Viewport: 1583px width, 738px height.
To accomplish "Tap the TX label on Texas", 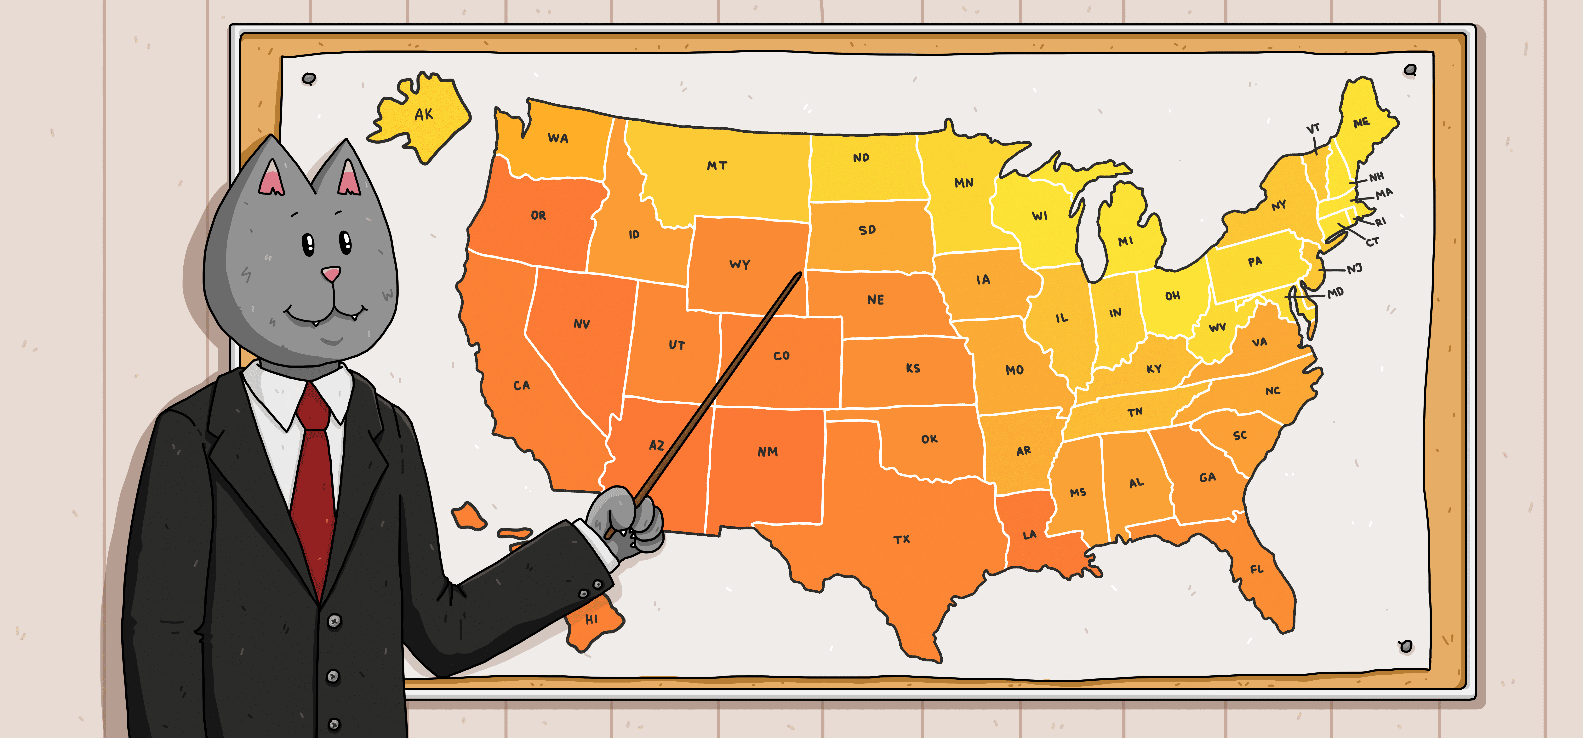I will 901,539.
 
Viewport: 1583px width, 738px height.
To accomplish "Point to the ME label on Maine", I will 1361,123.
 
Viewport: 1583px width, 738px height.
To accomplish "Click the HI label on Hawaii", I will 591,619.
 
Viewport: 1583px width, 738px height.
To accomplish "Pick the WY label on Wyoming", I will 740,264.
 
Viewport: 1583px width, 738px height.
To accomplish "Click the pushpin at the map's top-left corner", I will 309,79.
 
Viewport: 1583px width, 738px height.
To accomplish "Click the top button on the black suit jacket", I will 334,621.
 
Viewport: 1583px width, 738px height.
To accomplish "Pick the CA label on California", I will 522,385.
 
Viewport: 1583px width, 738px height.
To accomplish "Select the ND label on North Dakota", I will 861,158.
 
